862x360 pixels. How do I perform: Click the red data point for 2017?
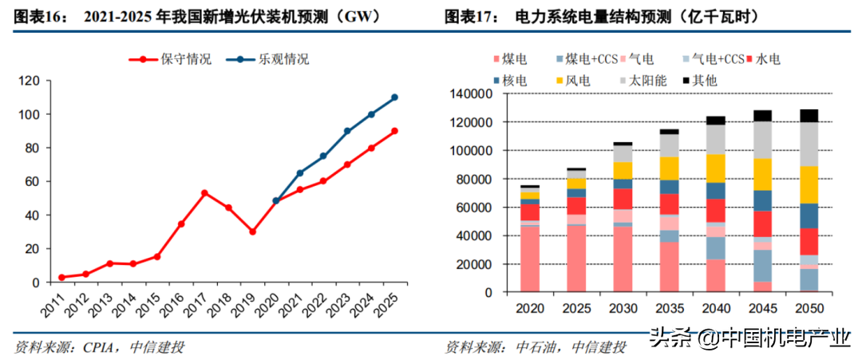[205, 193]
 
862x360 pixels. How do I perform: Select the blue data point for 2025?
[394, 97]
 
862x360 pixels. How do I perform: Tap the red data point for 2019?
[252, 231]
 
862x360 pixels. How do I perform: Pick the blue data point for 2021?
[299, 173]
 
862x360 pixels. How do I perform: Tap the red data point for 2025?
[394, 131]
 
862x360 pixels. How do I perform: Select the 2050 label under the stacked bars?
[809, 308]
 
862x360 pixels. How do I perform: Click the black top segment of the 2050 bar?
[809, 116]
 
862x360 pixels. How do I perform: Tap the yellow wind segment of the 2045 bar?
[762, 174]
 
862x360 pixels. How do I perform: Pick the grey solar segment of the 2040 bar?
[715, 140]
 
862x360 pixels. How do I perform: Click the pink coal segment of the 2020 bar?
[529, 259]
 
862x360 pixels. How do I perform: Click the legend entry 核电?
[515, 81]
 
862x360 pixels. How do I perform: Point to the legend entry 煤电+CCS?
[587, 59]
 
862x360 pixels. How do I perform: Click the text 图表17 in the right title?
[469, 15]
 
